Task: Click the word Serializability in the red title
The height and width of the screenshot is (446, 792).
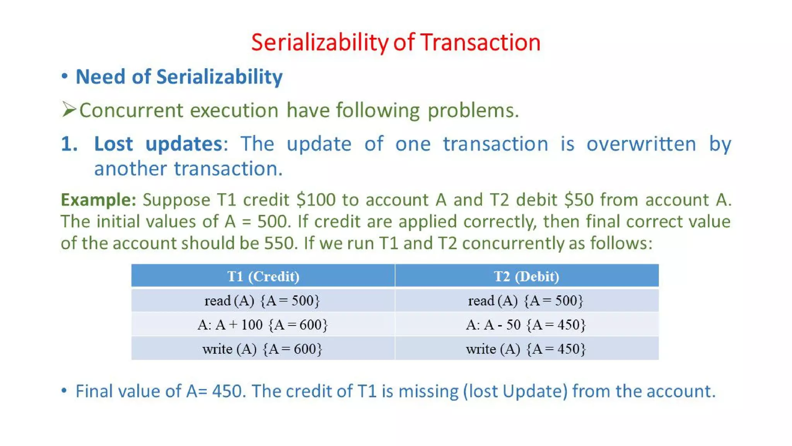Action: click(x=319, y=43)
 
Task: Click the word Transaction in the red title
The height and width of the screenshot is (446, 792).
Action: click(x=480, y=43)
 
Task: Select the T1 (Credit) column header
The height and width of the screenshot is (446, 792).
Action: click(x=263, y=276)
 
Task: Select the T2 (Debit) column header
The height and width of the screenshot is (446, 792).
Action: click(x=526, y=276)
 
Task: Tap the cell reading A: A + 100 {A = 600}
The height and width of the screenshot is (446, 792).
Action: click(x=263, y=324)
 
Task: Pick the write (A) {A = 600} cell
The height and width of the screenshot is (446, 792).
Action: click(x=263, y=349)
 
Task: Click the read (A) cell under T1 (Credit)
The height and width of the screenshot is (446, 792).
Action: click(x=263, y=300)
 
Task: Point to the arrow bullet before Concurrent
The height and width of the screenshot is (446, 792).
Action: click(x=68, y=110)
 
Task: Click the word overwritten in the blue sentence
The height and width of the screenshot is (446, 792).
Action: click(x=641, y=144)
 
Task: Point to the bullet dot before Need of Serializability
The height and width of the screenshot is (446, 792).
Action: click(x=65, y=76)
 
